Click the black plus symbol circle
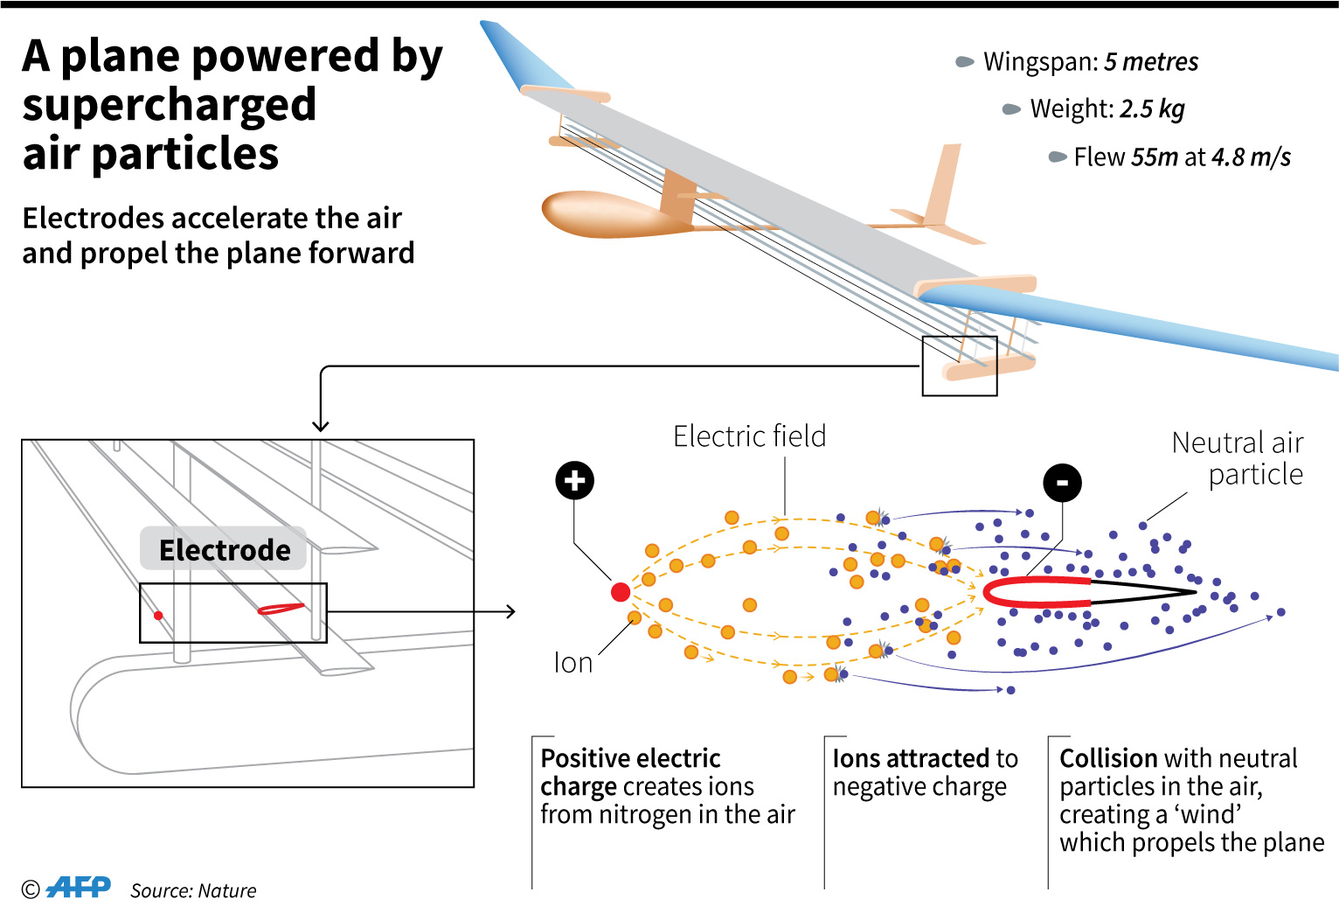coord(574,480)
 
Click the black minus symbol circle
coord(1062,483)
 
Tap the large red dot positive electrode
coord(621,592)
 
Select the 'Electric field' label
coord(749,436)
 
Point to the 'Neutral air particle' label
coord(1238,458)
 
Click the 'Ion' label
coord(572,663)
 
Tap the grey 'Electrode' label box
coord(224,549)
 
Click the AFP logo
coord(79,888)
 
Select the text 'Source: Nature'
coord(193,890)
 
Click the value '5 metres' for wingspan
coord(1150,62)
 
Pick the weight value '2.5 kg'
coord(1152,109)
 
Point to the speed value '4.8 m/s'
coord(1251,157)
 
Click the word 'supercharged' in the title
coord(169,105)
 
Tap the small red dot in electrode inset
coord(158,616)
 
